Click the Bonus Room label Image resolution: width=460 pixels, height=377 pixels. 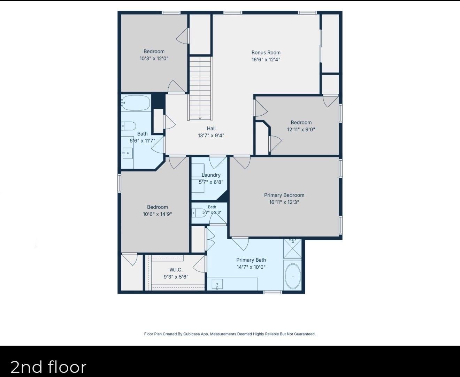pyautogui.click(x=266, y=53)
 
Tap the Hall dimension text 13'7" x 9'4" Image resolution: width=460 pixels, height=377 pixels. pyautogui.click(x=211, y=136)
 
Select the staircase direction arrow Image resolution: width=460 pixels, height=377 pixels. pyautogui.click(x=200, y=118)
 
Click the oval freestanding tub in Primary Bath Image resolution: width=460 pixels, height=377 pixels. pyautogui.click(x=293, y=276)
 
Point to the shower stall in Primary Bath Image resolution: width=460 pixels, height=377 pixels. pyautogui.click(x=292, y=248)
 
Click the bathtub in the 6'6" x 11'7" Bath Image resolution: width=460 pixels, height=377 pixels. pyautogui.click(x=136, y=103)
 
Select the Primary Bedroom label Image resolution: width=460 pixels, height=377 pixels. pyautogui.click(x=284, y=195)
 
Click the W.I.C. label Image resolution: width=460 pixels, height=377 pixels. pyautogui.click(x=176, y=270)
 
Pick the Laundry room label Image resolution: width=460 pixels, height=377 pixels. pyautogui.click(x=211, y=175)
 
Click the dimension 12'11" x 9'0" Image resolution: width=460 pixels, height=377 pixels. pyautogui.click(x=301, y=130)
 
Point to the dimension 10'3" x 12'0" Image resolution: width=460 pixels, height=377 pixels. pyautogui.click(x=154, y=59)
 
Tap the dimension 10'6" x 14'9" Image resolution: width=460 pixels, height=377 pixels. pyautogui.click(x=157, y=214)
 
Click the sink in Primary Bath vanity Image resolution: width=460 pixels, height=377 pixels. pyautogui.click(x=217, y=284)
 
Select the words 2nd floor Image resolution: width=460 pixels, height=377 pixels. pyautogui.click(x=48, y=367)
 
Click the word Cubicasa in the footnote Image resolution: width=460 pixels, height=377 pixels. pyautogui.click(x=192, y=334)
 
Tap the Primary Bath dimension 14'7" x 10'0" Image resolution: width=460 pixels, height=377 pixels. pyautogui.click(x=251, y=267)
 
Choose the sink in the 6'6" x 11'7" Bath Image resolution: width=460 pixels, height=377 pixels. pyautogui.click(x=128, y=153)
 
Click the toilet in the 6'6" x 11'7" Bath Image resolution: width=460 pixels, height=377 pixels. pyautogui.click(x=129, y=126)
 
